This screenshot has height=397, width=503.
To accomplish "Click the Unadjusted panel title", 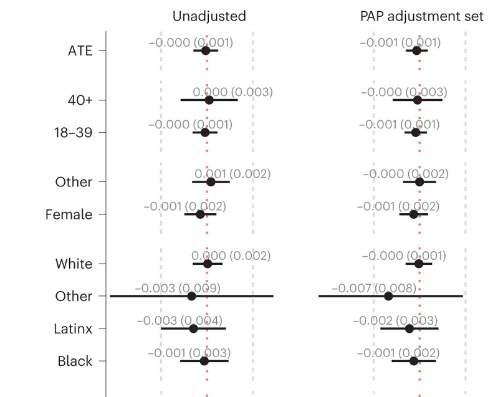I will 209,16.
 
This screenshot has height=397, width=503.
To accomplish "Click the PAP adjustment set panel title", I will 421,16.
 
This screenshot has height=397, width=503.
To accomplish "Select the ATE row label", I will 80,50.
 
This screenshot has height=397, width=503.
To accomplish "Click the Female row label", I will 69,214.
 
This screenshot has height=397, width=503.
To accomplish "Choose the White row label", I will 74,264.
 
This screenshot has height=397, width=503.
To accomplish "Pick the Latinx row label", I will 72,328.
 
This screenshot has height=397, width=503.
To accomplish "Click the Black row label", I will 75,361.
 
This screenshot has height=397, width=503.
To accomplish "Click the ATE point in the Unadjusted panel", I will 206,50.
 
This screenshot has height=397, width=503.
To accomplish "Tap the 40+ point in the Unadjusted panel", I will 209,100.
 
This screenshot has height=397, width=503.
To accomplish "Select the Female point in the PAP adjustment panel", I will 413,214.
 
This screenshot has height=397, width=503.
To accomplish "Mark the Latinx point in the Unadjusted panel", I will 193,328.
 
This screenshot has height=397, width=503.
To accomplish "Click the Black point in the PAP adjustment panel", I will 414,361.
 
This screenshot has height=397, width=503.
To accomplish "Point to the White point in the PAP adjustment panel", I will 419,264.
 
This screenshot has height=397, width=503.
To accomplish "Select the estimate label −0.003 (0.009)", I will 177,288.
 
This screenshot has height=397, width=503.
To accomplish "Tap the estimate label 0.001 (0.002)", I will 232,173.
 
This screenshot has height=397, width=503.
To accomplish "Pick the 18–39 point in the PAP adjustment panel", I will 416,133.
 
